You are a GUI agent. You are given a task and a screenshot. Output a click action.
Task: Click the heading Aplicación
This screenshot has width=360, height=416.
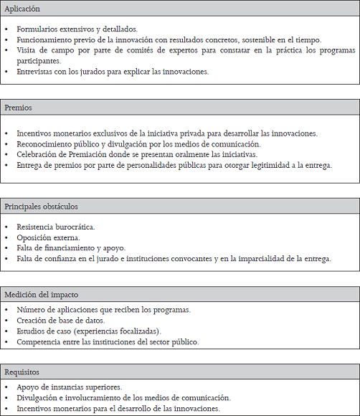[22, 9]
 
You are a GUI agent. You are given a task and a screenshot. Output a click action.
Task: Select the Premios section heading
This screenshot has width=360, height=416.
[19, 108]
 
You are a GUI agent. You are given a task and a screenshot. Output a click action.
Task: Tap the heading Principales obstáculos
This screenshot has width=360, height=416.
[41, 207]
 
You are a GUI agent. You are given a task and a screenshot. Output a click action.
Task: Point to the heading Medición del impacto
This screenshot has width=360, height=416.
[41, 295]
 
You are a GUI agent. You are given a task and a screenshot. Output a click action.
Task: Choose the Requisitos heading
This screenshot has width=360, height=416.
[22, 372]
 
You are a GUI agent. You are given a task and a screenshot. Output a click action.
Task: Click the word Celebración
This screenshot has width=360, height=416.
[39, 154]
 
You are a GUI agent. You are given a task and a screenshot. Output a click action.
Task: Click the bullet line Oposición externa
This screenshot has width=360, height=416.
[48, 237]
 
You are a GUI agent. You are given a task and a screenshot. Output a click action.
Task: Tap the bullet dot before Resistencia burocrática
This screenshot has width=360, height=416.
[6, 227]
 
